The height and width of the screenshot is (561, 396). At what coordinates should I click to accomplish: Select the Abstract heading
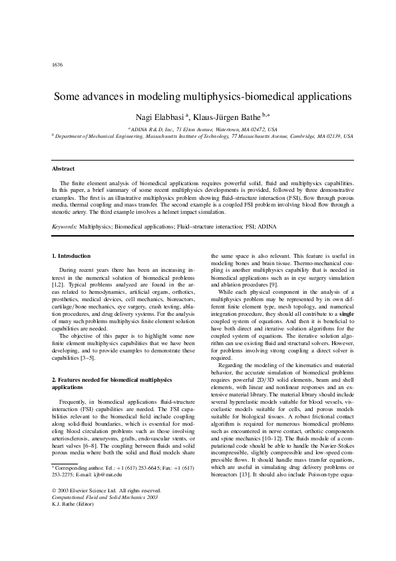tap(63, 169)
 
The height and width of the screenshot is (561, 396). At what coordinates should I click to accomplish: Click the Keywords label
tap(65, 227)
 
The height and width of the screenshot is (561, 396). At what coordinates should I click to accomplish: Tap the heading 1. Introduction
tap(71, 256)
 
